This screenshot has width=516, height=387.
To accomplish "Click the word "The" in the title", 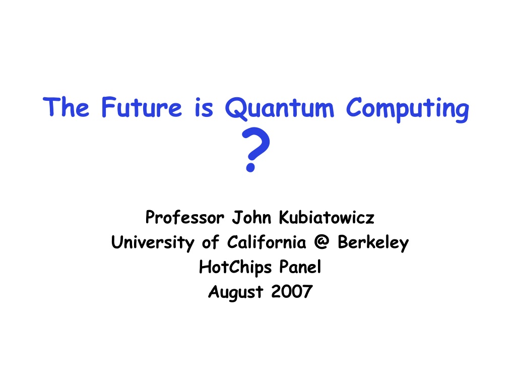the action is (x=66, y=107).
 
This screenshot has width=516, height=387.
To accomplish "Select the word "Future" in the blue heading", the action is (x=142, y=107).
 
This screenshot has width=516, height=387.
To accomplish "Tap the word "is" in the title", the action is (x=204, y=107).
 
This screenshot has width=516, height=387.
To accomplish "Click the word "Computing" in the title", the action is (x=408, y=109).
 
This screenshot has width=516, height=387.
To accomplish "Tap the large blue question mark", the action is (x=255, y=149).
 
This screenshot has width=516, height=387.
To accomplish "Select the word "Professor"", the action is (x=185, y=217).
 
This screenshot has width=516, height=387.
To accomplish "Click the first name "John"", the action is (x=252, y=217).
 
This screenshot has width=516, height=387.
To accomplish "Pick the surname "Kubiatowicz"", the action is (x=327, y=217).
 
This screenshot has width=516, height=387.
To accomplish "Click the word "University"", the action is (x=153, y=242).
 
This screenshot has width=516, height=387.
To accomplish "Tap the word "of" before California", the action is (x=210, y=242).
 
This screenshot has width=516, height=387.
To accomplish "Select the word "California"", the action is (x=267, y=242).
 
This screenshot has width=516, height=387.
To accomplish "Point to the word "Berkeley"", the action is (x=373, y=243).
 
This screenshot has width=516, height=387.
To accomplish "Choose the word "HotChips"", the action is (x=235, y=267).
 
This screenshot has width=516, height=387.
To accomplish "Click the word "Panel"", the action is (x=300, y=267).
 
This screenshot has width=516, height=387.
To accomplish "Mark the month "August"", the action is (x=236, y=292).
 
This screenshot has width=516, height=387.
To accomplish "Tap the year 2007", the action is (x=292, y=291).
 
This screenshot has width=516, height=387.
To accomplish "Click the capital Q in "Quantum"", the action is (x=236, y=109).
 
